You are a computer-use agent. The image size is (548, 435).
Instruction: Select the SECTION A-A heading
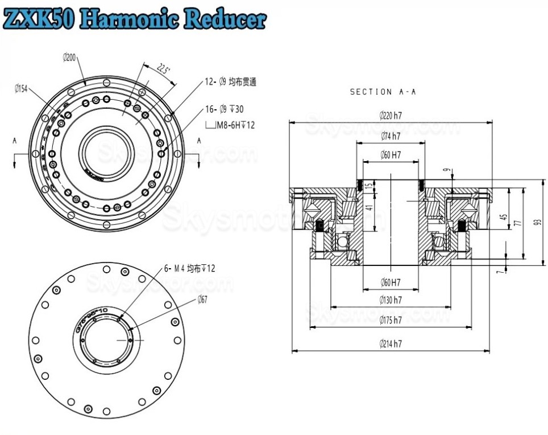[383, 92]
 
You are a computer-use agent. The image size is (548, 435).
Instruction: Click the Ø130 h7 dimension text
[391, 299]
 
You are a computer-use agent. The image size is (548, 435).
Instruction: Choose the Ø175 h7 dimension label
[391, 320]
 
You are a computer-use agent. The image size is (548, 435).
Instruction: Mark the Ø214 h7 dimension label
[391, 344]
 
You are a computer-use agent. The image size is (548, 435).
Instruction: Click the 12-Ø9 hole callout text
[230, 82]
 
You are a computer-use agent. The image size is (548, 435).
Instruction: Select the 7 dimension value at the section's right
[499, 272]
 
